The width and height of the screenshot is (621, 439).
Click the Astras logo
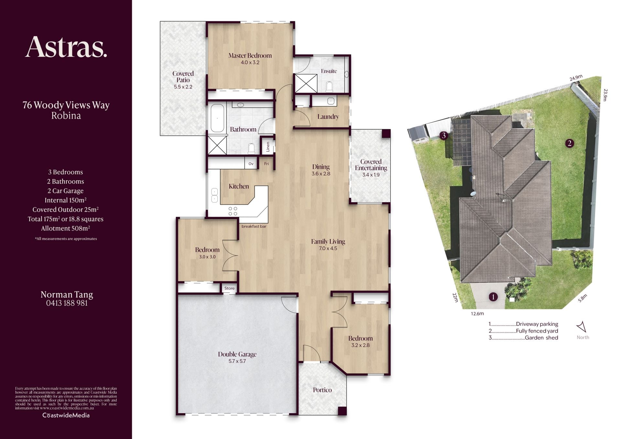tap(66, 47)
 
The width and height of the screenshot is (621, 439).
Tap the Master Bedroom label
tap(250, 56)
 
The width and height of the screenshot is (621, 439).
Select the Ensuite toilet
tap(329, 86)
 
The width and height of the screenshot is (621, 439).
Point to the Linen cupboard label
tap(268, 147)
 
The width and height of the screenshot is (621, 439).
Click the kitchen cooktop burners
tap(233, 211)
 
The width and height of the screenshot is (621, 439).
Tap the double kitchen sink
tap(214, 195)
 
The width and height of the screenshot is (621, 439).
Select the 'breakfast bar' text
tap(254, 226)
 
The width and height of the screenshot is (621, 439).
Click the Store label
tap(230, 288)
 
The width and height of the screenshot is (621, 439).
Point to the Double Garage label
tap(237, 354)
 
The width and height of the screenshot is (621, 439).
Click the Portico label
tap(322, 390)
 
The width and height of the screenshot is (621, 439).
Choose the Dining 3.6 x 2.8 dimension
tap(321, 174)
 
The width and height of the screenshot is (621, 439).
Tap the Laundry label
tap(328, 117)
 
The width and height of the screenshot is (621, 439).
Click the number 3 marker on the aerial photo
tap(444, 135)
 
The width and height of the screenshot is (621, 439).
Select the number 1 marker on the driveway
tap(493, 297)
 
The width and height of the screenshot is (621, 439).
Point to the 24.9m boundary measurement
tap(576, 78)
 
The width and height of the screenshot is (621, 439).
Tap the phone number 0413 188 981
tap(67, 303)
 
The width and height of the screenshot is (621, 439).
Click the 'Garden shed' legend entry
tap(541, 338)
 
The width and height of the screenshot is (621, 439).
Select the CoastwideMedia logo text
tap(66, 415)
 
